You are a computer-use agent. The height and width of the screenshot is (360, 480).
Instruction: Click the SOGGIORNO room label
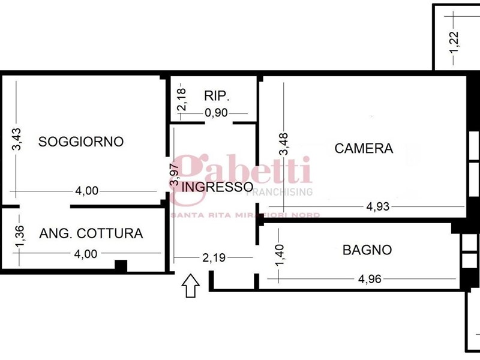tap(81, 142)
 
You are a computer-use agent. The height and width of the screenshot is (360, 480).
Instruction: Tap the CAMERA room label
tap(364, 148)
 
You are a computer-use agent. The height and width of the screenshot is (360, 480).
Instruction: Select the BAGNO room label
tap(367, 250)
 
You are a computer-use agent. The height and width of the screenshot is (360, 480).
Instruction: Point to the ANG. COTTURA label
tap(91, 233)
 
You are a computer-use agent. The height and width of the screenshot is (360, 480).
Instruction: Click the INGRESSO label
tap(217, 187)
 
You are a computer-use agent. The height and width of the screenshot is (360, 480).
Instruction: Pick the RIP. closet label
tap(217, 96)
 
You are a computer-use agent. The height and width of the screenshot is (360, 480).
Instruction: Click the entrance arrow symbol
tap(190, 286)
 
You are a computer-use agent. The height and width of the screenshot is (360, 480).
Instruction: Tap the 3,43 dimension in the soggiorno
tap(17, 139)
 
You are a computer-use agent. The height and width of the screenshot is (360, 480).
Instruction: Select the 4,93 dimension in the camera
tap(378, 206)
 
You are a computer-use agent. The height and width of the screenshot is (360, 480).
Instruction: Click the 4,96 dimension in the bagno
tap(370, 279)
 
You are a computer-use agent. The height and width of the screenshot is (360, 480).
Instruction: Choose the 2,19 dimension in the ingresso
tap(214, 258)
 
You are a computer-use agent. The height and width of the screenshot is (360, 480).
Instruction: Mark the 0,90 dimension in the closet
tap(217, 113)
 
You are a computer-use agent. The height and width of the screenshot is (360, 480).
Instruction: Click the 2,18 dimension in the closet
tap(182, 100)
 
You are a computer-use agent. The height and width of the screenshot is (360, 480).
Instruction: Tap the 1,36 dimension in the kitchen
tap(19, 236)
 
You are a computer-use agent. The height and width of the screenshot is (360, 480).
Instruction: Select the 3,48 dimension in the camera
tap(284, 144)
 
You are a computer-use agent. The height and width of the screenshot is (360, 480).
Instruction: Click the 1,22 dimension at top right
tap(454, 42)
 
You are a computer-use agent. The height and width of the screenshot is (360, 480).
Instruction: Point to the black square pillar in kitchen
tap(121, 266)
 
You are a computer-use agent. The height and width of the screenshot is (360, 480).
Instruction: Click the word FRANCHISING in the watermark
tap(280, 192)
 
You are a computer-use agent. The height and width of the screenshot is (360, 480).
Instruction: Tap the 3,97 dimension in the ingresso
tap(175, 175)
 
